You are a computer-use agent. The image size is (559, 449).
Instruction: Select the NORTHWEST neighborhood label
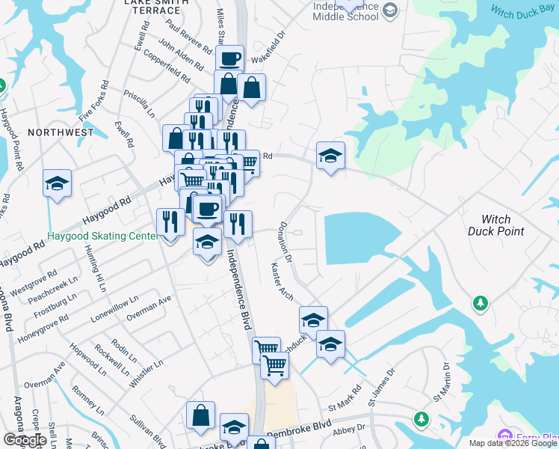pos(61,132)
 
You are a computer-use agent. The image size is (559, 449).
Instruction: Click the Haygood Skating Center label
pos(102,235)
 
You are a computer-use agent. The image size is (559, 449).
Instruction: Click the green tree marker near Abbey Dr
pos(421,418)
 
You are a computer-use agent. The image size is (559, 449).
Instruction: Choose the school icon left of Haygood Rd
pos(57,183)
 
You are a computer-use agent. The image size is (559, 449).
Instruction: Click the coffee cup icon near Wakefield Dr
pos(229,58)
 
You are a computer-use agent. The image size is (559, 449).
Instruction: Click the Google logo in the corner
pos(25,440)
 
